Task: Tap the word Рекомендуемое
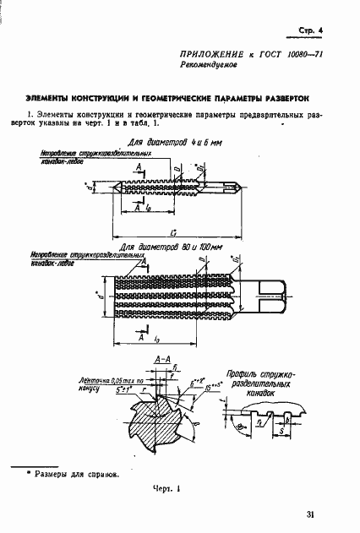(212, 64)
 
